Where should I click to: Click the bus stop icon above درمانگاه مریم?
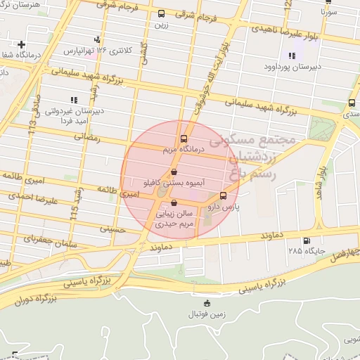184,139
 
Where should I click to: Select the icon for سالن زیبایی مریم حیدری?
174,203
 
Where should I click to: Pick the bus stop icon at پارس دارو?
224,195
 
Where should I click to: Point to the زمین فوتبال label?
206,314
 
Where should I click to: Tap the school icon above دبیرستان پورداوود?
292,56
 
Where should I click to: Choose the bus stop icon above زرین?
162,13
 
